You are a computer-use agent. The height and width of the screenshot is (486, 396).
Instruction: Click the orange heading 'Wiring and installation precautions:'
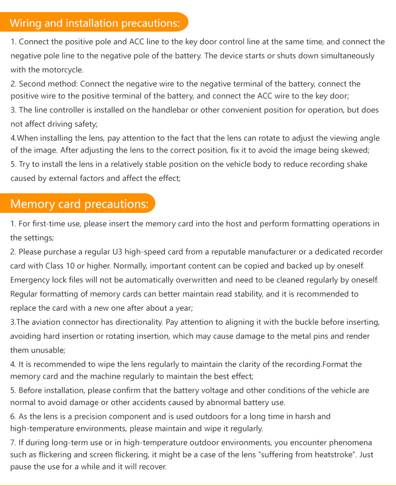coord(95,23)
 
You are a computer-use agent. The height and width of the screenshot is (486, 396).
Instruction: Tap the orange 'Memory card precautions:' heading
coord(80,204)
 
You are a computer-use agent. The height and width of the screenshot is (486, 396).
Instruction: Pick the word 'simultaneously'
coord(347,56)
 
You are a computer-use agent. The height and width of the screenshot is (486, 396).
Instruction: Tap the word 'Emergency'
coord(30,280)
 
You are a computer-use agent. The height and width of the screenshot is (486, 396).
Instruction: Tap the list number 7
coord(13,442)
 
